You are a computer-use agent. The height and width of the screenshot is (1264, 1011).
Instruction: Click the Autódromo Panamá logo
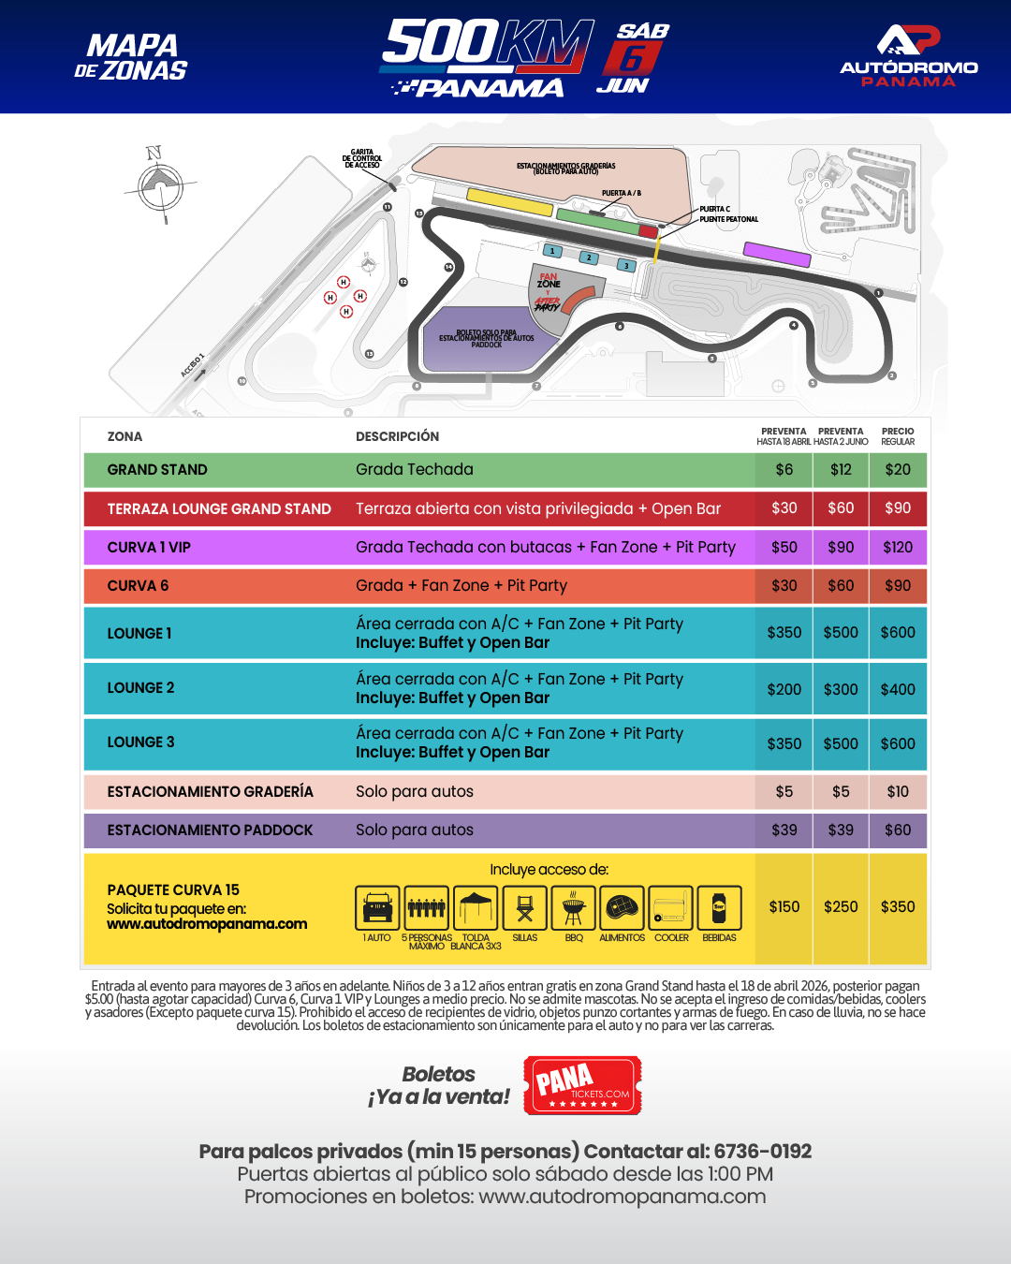(x=908, y=56)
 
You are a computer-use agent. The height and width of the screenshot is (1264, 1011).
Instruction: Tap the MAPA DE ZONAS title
(x=131, y=57)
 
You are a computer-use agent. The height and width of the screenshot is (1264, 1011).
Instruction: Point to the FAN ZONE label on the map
(x=549, y=280)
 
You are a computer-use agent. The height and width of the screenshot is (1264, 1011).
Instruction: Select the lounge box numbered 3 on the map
(x=626, y=266)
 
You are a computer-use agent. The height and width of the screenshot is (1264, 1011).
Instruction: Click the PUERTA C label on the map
(x=714, y=209)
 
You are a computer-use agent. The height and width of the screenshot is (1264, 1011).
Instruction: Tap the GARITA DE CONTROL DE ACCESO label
(x=362, y=158)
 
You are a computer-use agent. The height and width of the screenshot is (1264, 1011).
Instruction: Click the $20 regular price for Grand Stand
(x=898, y=470)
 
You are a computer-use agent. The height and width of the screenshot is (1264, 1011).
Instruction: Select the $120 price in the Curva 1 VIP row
(x=898, y=548)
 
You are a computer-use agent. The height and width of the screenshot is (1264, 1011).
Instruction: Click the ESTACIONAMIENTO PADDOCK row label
(x=210, y=830)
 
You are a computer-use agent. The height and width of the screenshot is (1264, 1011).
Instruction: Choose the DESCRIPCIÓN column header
(x=397, y=436)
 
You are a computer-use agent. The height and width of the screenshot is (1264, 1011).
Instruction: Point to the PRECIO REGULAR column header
(x=898, y=436)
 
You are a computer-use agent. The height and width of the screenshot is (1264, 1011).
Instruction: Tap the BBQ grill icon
(x=574, y=908)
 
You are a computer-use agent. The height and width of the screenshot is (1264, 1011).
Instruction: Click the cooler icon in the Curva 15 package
(x=670, y=908)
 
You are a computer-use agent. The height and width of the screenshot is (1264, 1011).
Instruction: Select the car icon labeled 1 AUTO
(x=377, y=908)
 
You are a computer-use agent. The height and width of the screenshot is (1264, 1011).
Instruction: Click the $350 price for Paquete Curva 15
(x=898, y=907)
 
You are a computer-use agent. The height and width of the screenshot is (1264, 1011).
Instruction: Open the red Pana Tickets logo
(x=582, y=1086)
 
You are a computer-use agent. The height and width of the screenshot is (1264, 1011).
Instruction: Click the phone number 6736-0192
(x=762, y=1152)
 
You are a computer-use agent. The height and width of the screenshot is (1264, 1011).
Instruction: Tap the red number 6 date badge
(x=633, y=59)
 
